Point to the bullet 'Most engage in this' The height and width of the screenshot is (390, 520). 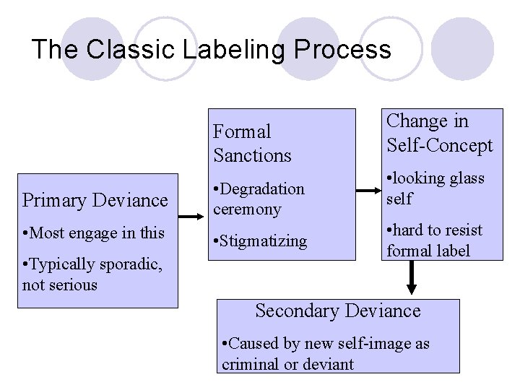tap(93, 233)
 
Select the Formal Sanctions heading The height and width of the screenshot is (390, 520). tap(252, 143)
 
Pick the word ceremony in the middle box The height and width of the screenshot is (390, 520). tap(246, 209)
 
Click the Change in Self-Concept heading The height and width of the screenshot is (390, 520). tap(439, 133)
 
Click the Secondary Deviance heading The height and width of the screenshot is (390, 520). tap(337, 311)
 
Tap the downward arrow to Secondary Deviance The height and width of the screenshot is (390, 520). tap(412, 277)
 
